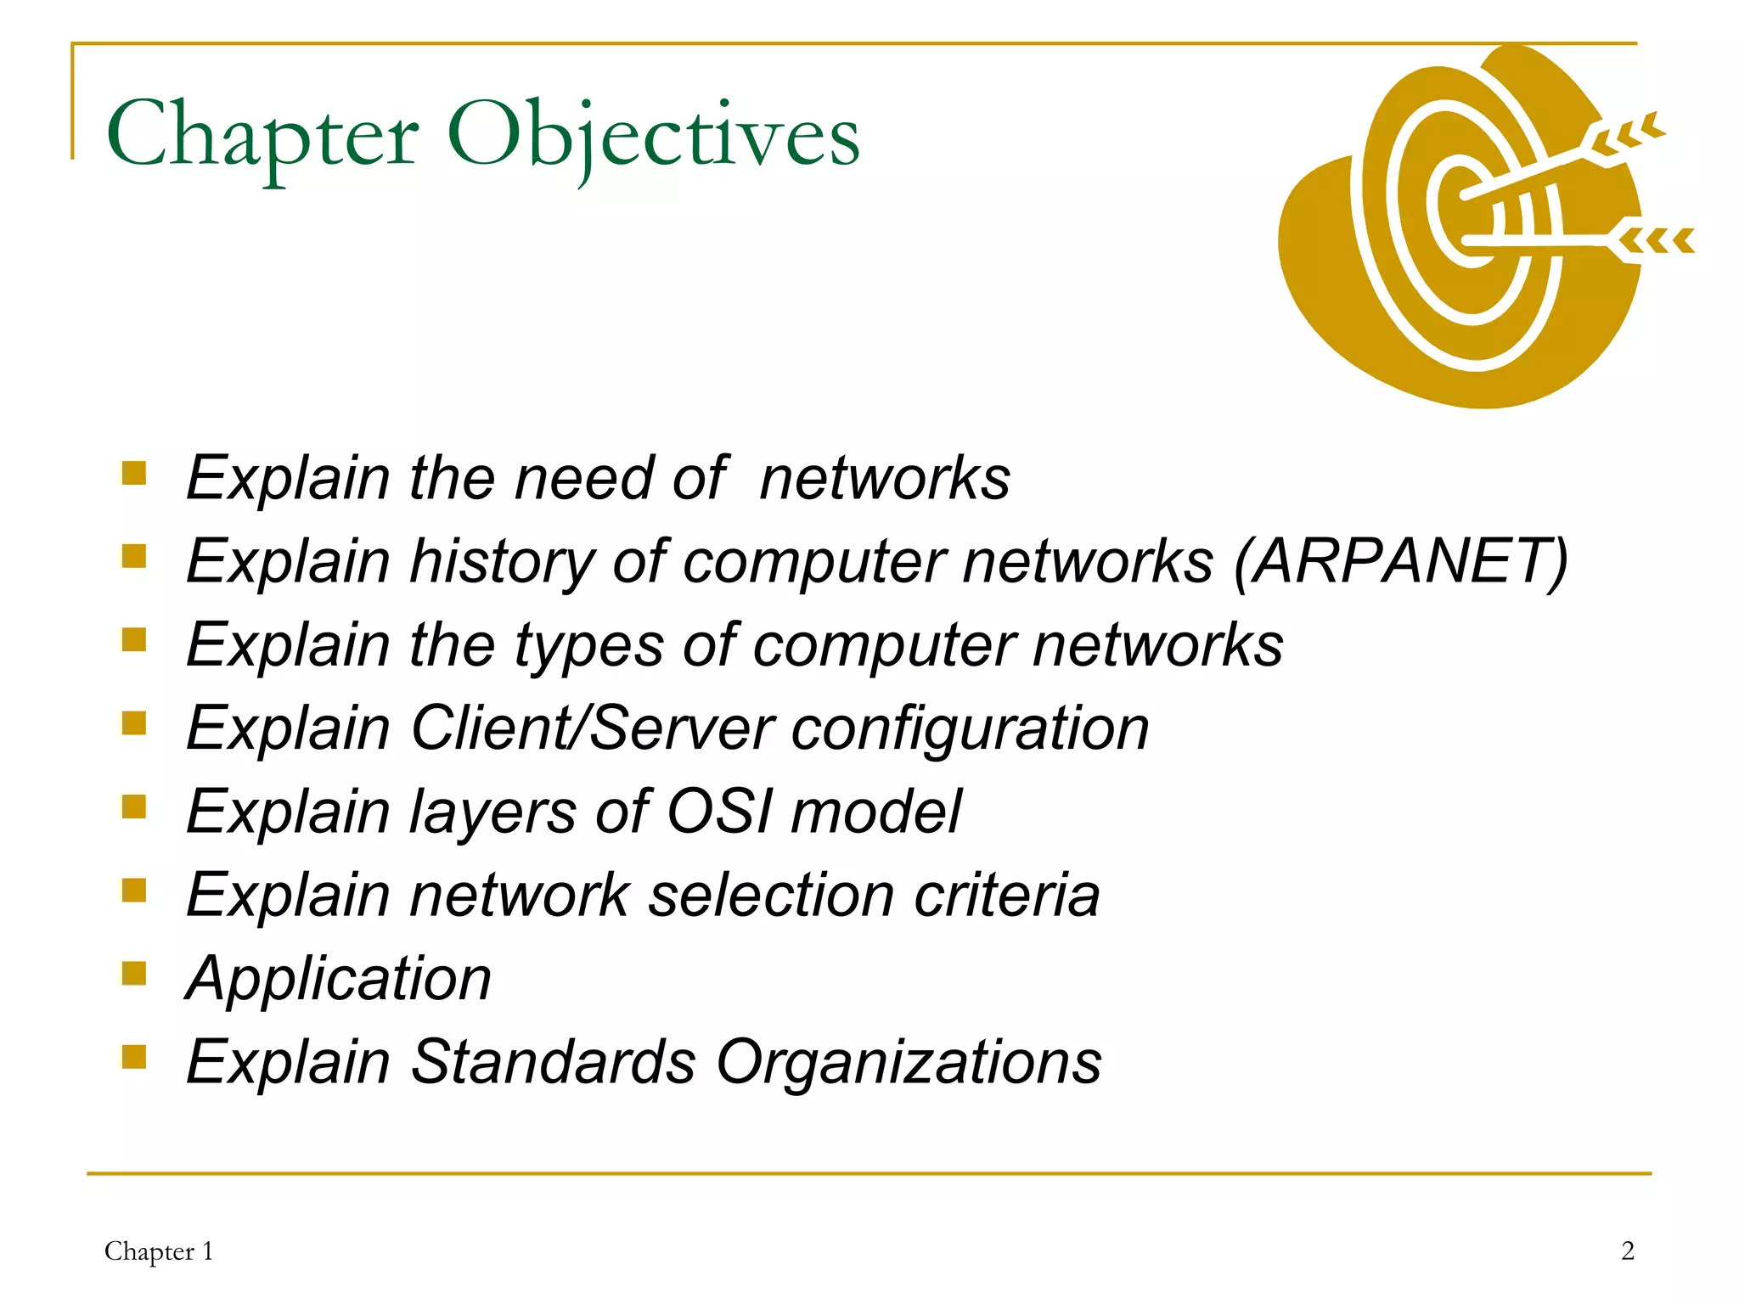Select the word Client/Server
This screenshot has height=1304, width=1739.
click(x=592, y=728)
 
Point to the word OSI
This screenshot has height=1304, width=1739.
click(x=719, y=811)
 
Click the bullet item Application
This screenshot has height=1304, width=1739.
click(x=338, y=979)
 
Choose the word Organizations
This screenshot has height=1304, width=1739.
click(x=909, y=1061)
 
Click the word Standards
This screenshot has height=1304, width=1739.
click(x=553, y=1061)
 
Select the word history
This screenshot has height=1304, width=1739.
click(x=502, y=563)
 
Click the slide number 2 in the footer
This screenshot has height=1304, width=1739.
click(x=1627, y=1251)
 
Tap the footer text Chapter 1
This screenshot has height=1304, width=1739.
click(x=159, y=1251)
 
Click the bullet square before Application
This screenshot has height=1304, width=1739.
click(x=134, y=973)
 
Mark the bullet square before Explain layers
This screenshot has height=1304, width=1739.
click(x=134, y=806)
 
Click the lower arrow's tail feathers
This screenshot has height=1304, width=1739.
click(x=1656, y=241)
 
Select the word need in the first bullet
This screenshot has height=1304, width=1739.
click(x=584, y=478)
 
